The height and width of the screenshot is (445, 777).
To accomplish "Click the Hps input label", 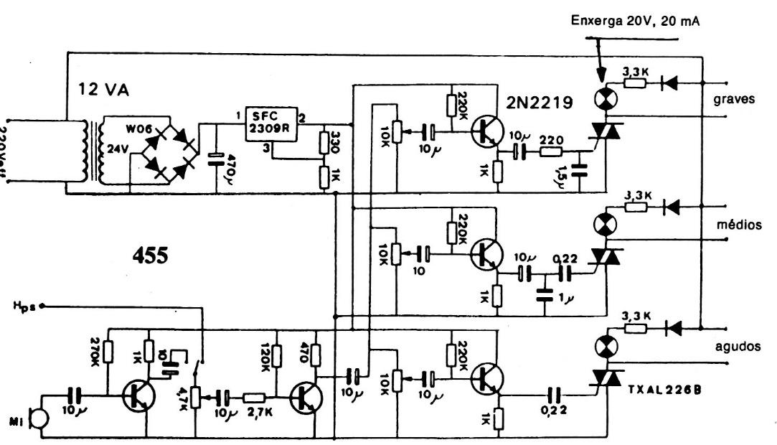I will coord(24,306).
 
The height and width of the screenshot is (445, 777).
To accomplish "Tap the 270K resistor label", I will coord(93,350).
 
